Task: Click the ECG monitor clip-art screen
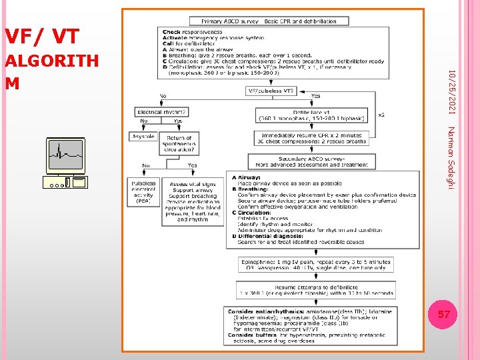[x=65, y=156]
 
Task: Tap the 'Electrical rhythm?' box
[x=161, y=111]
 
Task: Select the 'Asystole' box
[x=143, y=136]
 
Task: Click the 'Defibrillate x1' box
[x=312, y=115]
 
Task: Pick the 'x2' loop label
[x=381, y=115]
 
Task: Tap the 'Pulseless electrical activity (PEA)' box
[x=143, y=191]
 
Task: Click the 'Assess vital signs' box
[x=193, y=200]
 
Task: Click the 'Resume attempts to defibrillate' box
[x=315, y=289]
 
